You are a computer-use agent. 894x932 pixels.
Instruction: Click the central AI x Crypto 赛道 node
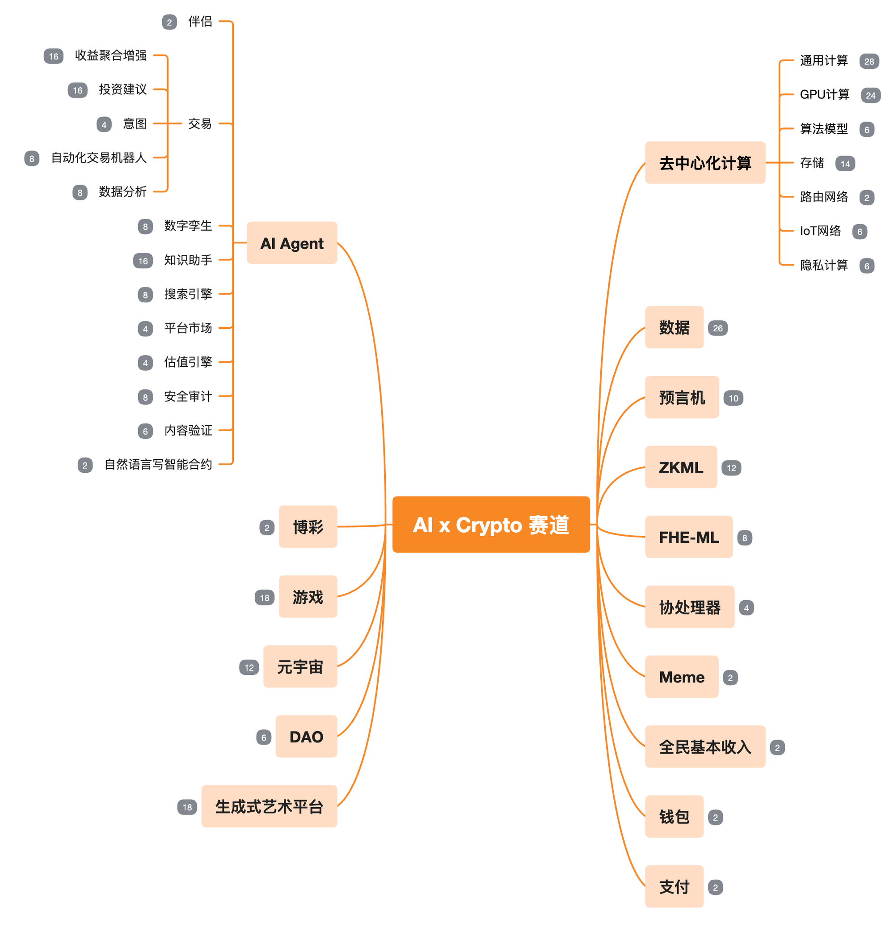tap(490, 524)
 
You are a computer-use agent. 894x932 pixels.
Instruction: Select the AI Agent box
tap(291, 242)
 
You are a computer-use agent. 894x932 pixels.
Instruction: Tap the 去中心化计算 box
tap(704, 163)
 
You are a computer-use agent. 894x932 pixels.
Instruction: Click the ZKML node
tap(680, 467)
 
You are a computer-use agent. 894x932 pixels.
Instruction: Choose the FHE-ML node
tap(688, 537)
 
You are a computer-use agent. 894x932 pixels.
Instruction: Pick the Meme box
tap(681, 677)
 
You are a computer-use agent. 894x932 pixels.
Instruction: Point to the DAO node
tap(306, 737)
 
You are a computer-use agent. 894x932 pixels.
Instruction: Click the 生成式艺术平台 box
tap(269, 806)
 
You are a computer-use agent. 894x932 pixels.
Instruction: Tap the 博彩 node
tap(308, 527)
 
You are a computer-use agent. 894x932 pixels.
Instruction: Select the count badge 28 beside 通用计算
tap(869, 61)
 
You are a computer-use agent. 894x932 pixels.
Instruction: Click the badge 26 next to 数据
tap(717, 328)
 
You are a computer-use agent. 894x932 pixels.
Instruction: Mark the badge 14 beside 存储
tap(844, 164)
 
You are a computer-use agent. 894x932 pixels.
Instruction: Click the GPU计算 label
tap(824, 95)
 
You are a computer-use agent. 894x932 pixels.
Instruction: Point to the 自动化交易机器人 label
tap(99, 158)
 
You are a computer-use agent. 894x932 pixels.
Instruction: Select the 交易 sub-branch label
tap(200, 123)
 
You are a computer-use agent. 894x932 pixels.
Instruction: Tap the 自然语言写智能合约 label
tap(158, 465)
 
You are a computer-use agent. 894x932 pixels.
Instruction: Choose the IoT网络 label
tap(820, 231)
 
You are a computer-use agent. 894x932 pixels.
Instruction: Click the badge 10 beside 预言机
tap(733, 398)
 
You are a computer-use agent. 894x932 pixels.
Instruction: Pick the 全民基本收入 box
tap(704, 746)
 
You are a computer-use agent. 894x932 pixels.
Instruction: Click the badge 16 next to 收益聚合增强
tap(54, 56)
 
